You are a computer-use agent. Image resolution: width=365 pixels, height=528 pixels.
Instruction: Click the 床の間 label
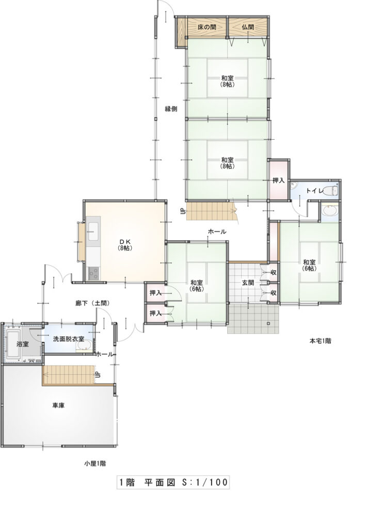[x=207, y=27]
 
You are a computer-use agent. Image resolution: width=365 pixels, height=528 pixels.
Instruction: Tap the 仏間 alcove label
[x=248, y=27]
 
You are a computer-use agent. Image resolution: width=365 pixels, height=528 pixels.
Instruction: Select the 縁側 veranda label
[x=171, y=109]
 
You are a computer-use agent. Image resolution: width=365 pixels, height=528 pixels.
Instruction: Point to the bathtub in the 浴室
[x=13, y=344]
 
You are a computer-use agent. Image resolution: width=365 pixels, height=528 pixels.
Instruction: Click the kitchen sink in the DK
[x=93, y=232]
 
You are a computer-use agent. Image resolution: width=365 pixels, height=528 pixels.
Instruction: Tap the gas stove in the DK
[x=93, y=273]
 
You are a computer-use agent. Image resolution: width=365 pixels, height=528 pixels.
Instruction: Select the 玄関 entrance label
[x=248, y=283]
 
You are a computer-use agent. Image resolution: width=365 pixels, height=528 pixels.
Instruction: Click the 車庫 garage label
[x=58, y=405]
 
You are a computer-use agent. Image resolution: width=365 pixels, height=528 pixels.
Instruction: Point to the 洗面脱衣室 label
[x=69, y=339]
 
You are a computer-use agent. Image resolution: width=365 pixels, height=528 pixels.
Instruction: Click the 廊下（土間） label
[x=92, y=303]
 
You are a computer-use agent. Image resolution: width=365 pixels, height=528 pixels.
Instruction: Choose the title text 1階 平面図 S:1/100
[x=173, y=482]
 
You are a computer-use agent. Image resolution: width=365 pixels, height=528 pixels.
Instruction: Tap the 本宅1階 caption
[x=320, y=341]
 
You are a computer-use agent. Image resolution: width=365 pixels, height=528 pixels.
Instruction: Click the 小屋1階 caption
[x=95, y=464]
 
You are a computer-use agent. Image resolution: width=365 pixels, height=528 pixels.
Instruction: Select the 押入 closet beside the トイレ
[x=279, y=180]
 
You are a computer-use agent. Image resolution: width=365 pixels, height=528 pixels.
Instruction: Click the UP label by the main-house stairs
[x=183, y=211]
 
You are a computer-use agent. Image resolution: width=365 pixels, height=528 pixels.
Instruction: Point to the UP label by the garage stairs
[x=98, y=375]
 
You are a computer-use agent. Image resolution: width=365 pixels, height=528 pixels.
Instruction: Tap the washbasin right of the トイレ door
[x=329, y=210]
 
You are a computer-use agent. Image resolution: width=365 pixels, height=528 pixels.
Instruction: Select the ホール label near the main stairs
[x=217, y=232]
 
